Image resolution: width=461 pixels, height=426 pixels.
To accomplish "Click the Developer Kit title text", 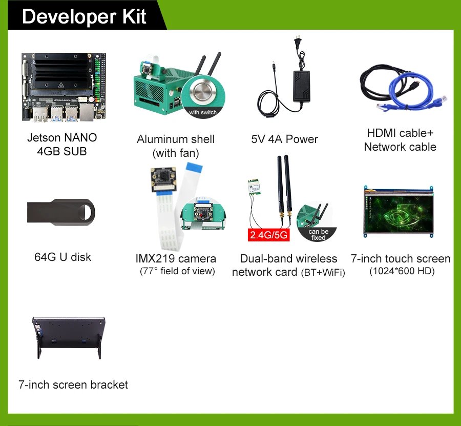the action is click(85, 16).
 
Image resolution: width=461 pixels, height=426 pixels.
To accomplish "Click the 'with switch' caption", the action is click(203, 112).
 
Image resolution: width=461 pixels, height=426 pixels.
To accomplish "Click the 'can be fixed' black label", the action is click(318, 234).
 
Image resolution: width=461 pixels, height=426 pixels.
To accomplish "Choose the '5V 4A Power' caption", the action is click(285, 139).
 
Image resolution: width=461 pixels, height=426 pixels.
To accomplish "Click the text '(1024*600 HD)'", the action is click(402, 271).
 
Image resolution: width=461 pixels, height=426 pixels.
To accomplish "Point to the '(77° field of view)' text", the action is click(177, 271).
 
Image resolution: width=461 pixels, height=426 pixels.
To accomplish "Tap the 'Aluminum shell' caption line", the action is click(176, 139).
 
